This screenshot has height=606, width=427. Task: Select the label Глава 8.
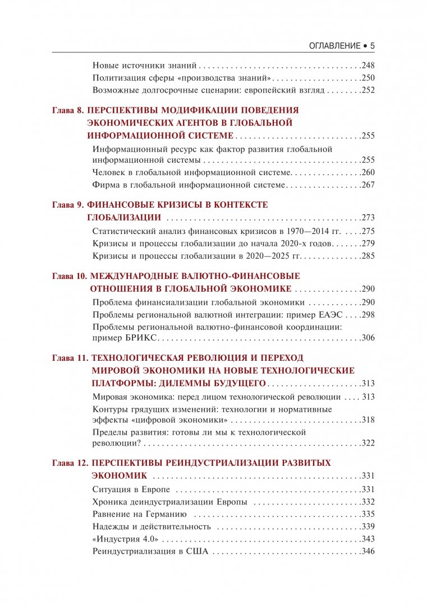point(67,110)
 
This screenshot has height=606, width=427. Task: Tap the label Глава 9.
point(67,205)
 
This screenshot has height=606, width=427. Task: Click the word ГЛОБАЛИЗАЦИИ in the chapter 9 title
point(124,218)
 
